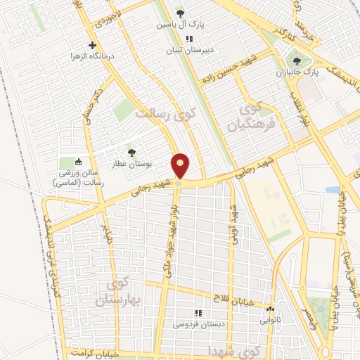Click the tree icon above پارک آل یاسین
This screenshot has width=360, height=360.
click(181, 13)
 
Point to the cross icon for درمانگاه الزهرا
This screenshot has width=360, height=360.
click(91, 46)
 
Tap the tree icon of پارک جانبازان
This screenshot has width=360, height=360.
click(296, 61)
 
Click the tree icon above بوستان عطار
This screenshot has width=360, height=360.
click(130, 151)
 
